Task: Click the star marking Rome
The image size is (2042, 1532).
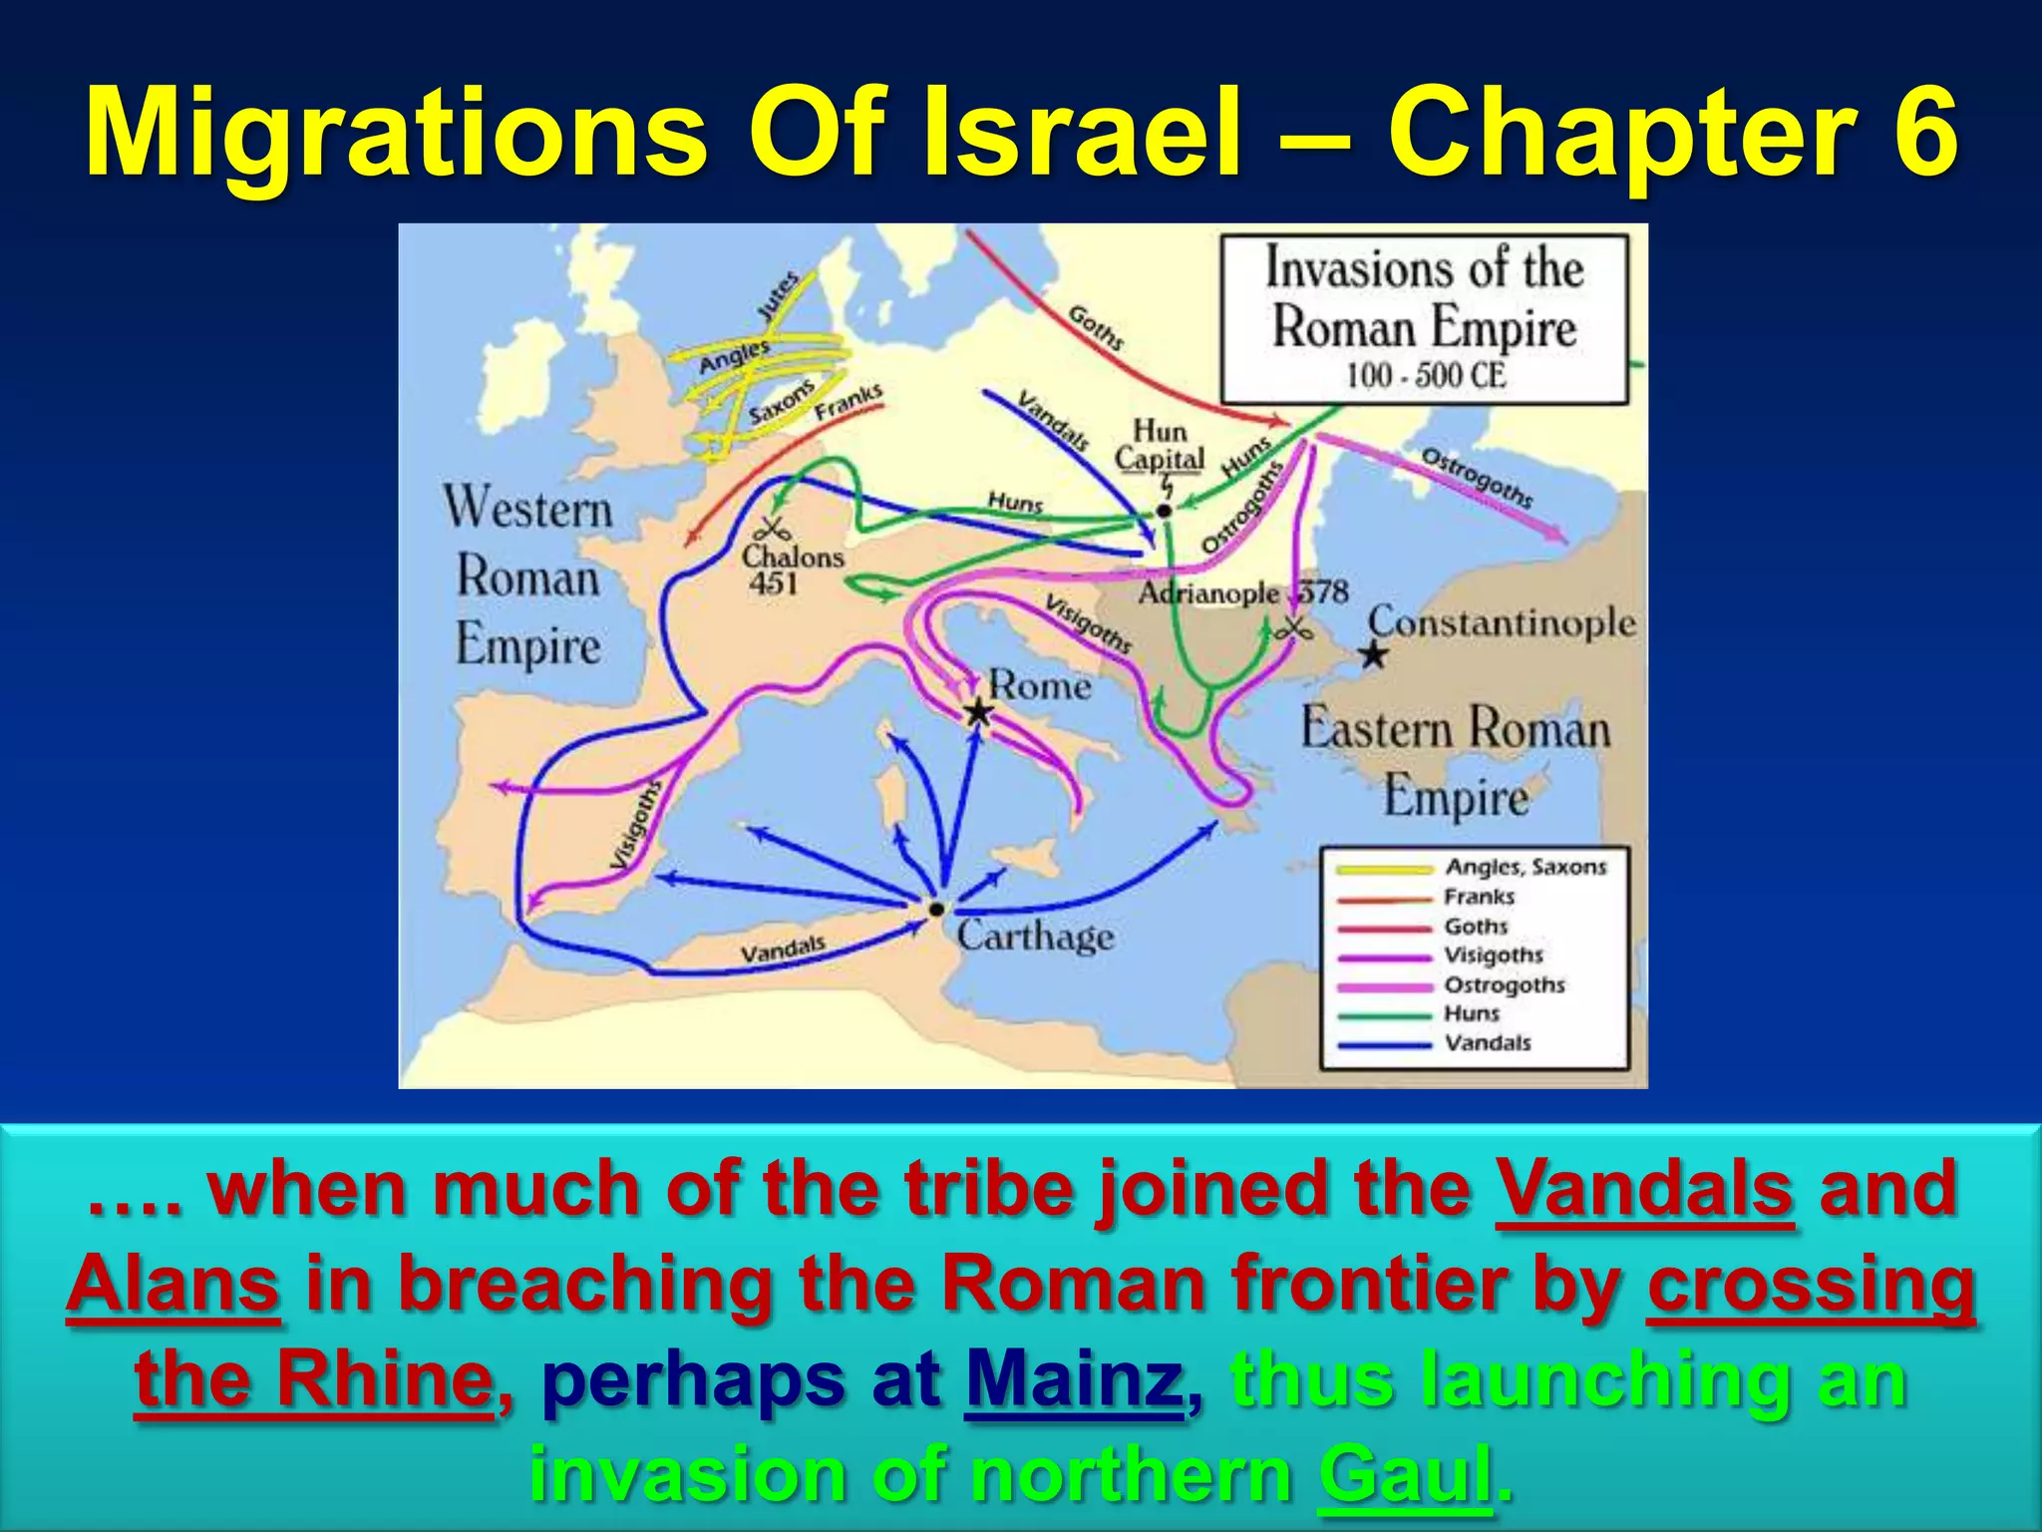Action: click(x=978, y=711)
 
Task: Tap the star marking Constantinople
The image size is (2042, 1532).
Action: click(x=1374, y=655)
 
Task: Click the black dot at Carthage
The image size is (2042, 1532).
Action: click(x=936, y=909)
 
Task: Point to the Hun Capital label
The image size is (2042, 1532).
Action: click(x=1159, y=445)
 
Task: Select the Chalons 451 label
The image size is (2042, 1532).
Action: click(x=793, y=569)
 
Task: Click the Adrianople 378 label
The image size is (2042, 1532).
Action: click(x=1242, y=592)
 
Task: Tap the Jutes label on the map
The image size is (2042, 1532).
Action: click(x=779, y=295)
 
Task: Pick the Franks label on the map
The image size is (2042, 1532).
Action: click(x=849, y=401)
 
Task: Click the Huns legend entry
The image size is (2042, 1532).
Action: click(x=1472, y=1013)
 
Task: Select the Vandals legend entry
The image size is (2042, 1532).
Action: click(x=1488, y=1043)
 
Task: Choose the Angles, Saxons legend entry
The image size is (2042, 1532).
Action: click(x=1526, y=867)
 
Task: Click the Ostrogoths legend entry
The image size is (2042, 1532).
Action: click(x=1504, y=984)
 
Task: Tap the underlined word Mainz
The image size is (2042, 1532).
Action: click(x=1074, y=1379)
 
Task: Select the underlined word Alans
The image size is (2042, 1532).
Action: click(x=173, y=1284)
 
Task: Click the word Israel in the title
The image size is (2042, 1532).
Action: click(x=1083, y=132)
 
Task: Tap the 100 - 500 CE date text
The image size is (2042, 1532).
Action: click(x=1425, y=376)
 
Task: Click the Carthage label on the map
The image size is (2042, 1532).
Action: click(x=1035, y=936)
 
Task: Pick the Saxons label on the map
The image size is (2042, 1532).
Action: click(x=782, y=402)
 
